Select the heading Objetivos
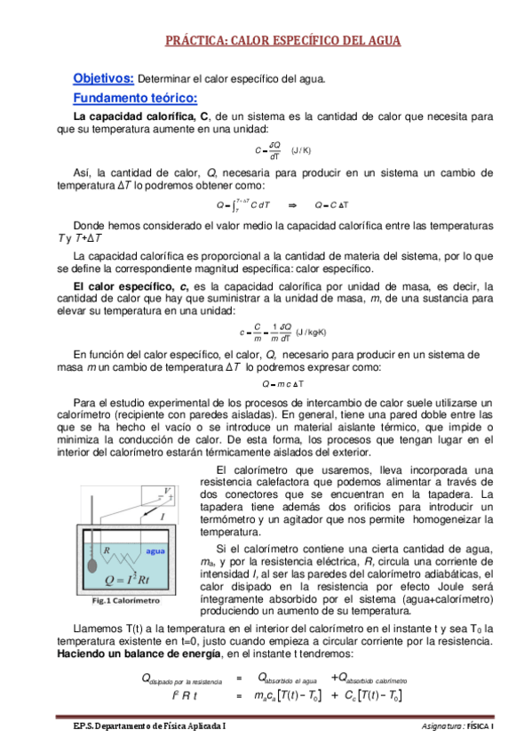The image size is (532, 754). [103, 78]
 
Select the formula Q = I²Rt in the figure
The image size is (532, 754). [140, 582]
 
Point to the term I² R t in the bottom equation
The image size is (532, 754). [184, 695]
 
